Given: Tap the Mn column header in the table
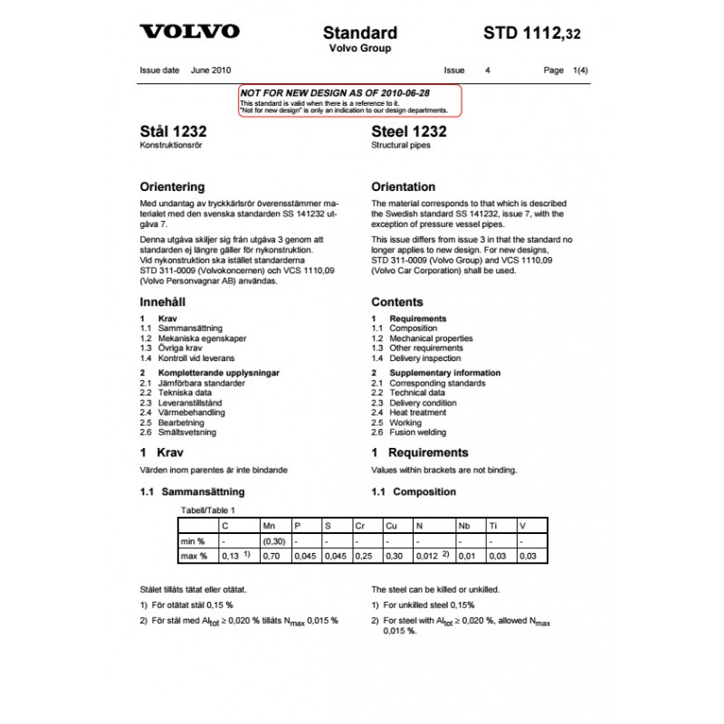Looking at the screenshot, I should pyautogui.click(x=269, y=525).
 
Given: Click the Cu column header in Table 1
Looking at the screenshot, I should pyautogui.click(x=391, y=525).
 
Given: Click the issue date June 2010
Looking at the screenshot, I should pyautogui.click(x=210, y=69).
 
